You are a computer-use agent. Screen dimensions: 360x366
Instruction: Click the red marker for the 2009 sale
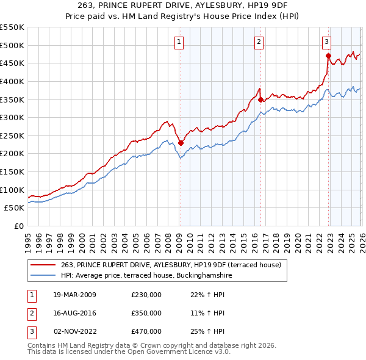(x=181, y=143)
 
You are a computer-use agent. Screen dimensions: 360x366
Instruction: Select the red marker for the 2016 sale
(x=260, y=99)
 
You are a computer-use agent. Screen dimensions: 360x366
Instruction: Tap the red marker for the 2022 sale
(x=328, y=56)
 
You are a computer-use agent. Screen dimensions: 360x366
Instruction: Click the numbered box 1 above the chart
(x=179, y=41)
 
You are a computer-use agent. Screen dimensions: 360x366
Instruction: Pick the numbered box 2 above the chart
(x=259, y=41)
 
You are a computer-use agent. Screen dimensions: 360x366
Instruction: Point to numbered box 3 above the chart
(x=327, y=41)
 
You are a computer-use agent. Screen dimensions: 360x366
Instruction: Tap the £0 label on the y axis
(x=18, y=226)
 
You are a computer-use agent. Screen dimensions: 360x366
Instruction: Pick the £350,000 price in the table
(x=146, y=313)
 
